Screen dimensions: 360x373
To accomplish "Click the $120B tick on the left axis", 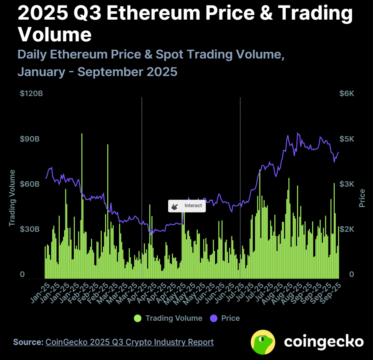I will pos(31,94).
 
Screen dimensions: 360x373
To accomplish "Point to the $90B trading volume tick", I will pos(30,139).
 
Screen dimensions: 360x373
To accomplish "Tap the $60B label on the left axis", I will pos(30,184).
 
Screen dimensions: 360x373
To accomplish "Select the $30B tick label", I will pos(30,229).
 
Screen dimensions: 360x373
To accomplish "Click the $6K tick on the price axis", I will pos(346,94).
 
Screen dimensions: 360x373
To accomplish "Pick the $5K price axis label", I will pos(346,139).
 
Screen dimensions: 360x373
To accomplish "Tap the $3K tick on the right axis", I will pos(346,184).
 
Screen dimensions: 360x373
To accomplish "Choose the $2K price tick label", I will pos(346,229).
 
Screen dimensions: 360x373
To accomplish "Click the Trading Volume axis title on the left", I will pos(12,198).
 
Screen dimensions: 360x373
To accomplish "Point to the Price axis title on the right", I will pos(362,198).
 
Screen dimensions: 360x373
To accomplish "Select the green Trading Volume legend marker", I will pos(138,318).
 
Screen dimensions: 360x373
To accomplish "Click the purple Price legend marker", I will pos(214,318).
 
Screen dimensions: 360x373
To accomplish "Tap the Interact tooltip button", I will pos(187,206).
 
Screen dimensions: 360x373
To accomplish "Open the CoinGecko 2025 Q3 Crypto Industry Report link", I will pos(129,342).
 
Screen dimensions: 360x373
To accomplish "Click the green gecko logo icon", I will pos(263,342).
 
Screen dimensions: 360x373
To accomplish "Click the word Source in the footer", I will pos(28,342).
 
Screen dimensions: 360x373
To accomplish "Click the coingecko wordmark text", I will pos(324,342).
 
